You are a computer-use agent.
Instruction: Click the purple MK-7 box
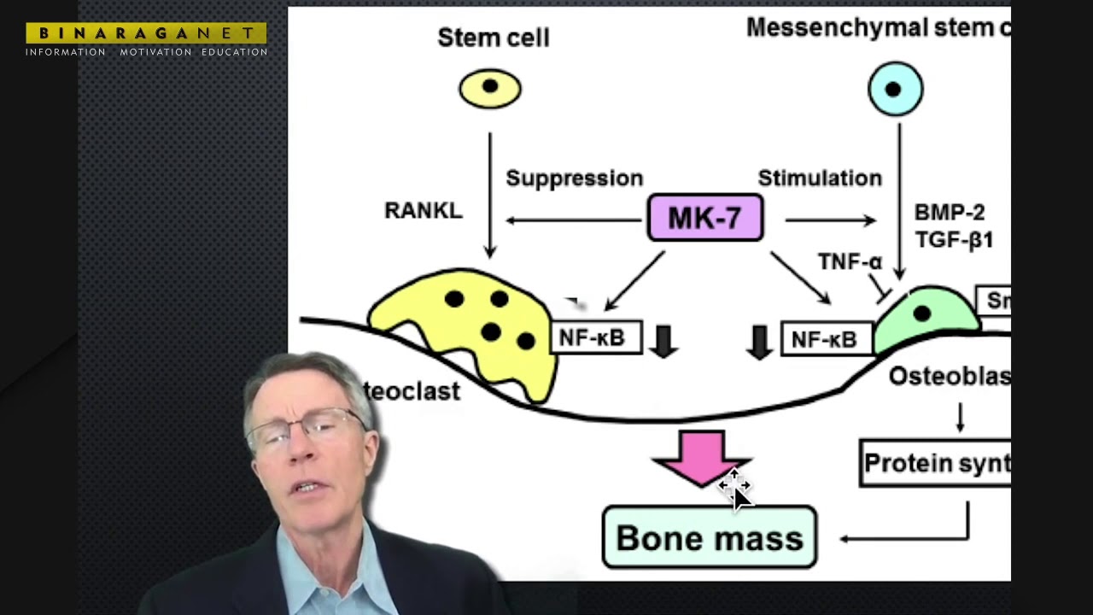tap(704, 219)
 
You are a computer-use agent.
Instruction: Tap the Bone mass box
tap(710, 538)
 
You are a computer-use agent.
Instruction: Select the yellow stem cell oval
tap(490, 88)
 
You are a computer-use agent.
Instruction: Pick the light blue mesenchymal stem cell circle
tap(895, 89)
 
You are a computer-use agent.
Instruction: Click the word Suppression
tap(574, 179)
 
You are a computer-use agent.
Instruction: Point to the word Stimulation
tap(820, 179)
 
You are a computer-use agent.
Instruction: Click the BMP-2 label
tap(950, 213)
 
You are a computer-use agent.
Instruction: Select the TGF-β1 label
tap(954, 240)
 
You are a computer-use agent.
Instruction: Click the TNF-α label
tap(850, 262)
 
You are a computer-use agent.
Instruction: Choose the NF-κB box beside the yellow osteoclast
tap(595, 338)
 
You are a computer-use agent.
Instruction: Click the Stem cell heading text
tap(493, 38)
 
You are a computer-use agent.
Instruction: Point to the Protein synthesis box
tap(935, 463)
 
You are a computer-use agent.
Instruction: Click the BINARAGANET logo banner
tap(146, 33)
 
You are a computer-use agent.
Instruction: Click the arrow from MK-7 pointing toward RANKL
tap(572, 220)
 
